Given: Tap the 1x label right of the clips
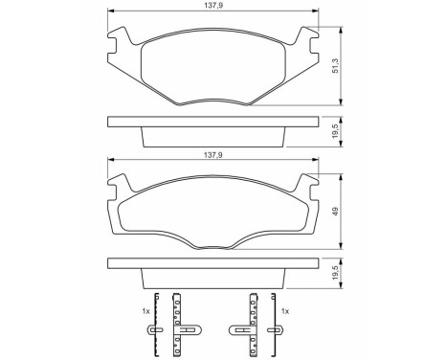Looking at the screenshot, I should [284, 312].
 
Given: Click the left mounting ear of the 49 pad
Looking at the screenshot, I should [118, 186].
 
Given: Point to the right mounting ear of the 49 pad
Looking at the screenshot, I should [308, 186].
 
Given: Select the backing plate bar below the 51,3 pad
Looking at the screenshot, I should [212, 122].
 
